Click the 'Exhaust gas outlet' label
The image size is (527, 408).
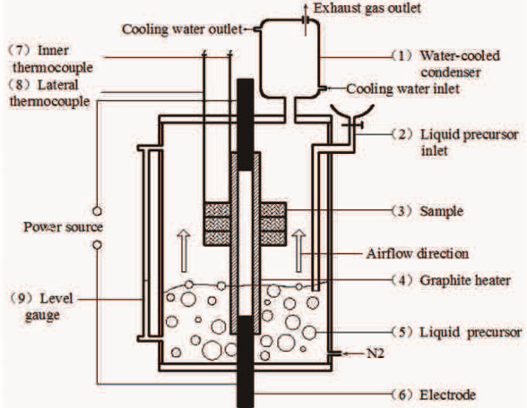click(357, 8)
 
